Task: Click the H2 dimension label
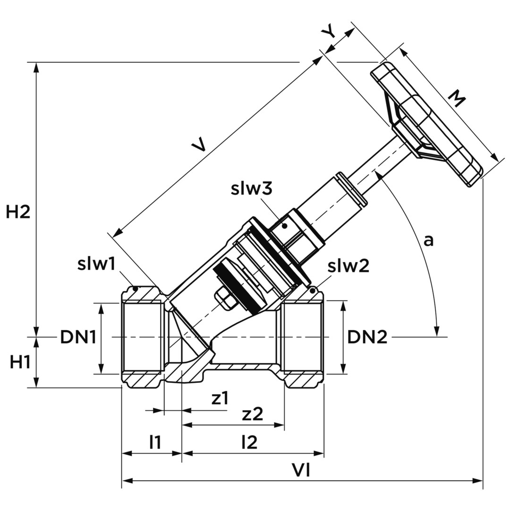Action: click(18, 212)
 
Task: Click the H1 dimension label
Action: click(20, 362)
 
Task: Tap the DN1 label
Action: click(78, 337)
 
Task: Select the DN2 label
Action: click(367, 337)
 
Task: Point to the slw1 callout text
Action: click(96, 264)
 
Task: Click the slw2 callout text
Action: click(348, 267)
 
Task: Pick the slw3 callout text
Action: click(252, 188)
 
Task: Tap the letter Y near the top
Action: click(329, 33)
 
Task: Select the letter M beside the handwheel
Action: click(456, 99)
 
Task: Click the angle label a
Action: click(428, 240)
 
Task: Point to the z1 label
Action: click(220, 399)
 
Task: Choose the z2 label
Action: click(252, 414)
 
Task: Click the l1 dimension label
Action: click(155, 442)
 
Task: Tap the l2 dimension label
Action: click(249, 442)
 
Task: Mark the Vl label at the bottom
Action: click(300, 470)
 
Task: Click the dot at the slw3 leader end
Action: click(285, 226)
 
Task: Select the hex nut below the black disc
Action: click(224, 299)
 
